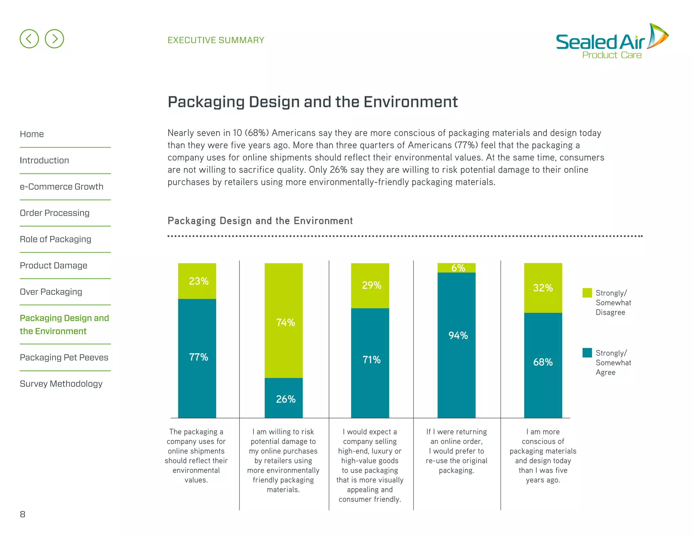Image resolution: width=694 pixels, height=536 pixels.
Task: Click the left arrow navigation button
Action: tap(29, 39)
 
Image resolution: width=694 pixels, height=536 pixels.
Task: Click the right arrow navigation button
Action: tap(54, 39)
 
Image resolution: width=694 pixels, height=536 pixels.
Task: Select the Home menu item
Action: tap(32, 134)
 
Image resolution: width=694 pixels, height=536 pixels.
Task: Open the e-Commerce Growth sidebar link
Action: tap(61, 187)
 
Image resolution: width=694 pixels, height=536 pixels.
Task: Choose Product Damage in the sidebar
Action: tap(54, 266)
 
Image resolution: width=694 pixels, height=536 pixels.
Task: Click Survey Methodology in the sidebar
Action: tap(61, 384)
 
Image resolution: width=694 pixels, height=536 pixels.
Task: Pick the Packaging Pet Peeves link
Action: tap(64, 357)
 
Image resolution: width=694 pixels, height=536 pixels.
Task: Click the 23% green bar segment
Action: tap(197, 281)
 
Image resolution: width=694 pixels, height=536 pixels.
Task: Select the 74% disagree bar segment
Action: tap(284, 321)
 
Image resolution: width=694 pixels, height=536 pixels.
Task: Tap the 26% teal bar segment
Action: tap(284, 398)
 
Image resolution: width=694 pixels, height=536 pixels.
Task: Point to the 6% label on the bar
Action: tap(458, 268)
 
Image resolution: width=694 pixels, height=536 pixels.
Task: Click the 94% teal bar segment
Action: tap(456, 345)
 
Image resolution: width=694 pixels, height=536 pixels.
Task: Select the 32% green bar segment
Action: tap(543, 288)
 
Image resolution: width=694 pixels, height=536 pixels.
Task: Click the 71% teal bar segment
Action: tap(370, 363)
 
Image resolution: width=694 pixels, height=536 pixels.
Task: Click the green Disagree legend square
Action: tap(587, 293)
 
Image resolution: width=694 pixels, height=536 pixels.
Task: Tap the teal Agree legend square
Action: tap(587, 353)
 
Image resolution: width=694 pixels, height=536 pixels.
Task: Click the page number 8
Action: tap(23, 514)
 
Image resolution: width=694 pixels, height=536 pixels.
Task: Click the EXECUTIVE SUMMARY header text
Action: tap(216, 40)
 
